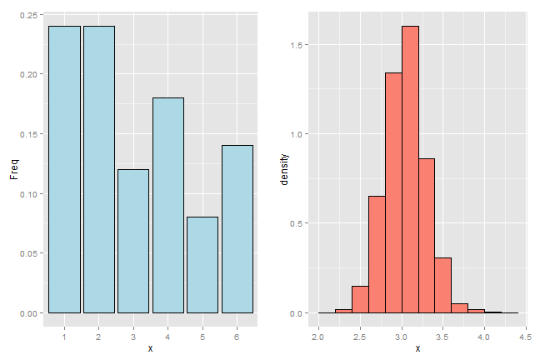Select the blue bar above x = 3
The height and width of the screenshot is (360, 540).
coord(133,241)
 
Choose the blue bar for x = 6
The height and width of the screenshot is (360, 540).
coord(237,229)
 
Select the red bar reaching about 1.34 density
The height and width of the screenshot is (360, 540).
coord(393,192)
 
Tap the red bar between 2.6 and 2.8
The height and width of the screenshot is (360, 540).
coord(377,254)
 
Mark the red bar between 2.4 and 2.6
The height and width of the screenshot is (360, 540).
coord(360,299)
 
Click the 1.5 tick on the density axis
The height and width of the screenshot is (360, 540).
coord(301,45)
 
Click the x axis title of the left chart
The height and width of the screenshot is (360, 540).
coord(150,347)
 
